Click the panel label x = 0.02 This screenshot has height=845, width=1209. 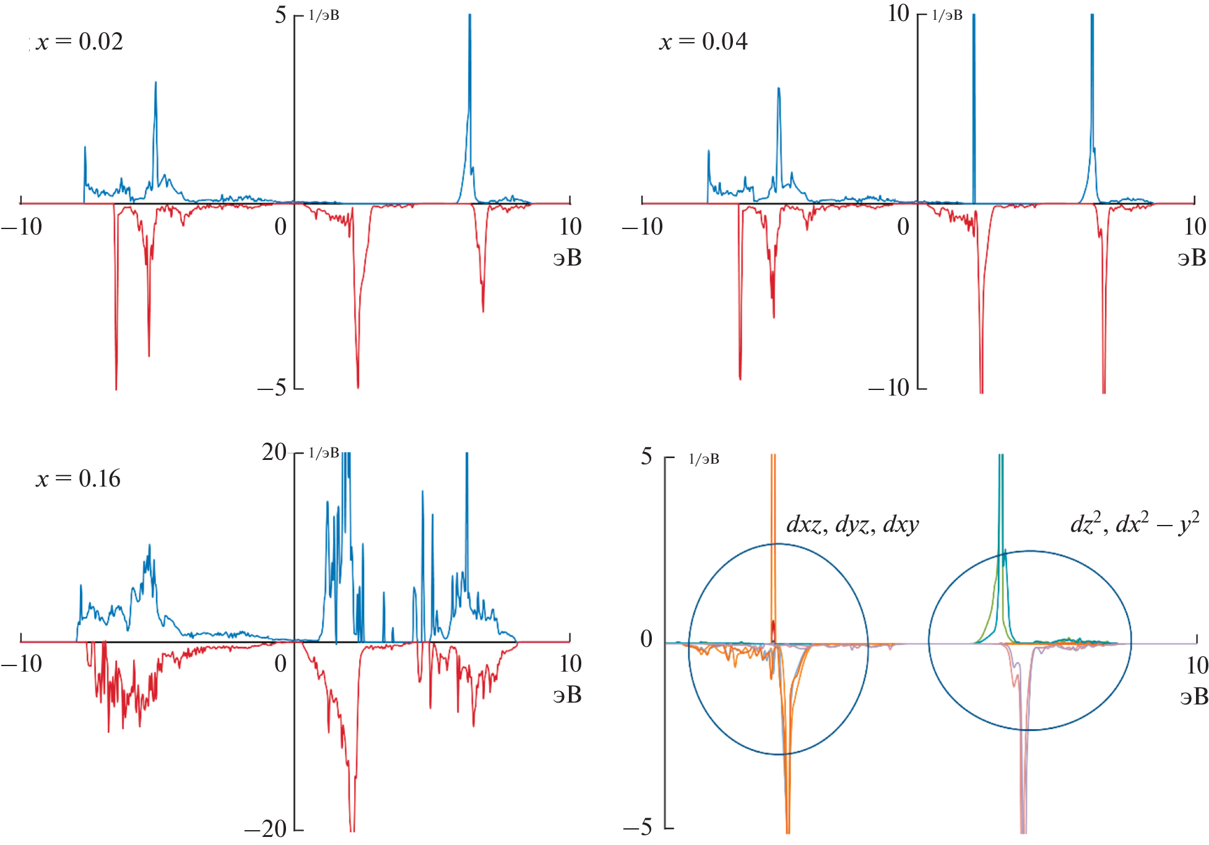pos(79,42)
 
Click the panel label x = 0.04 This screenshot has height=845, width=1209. pos(703,42)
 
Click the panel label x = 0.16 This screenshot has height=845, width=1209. pos(78,479)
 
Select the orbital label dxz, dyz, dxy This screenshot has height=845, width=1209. pos(852,525)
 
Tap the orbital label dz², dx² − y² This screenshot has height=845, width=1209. pos(1134,524)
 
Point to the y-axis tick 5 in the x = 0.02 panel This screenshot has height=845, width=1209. pos(280,15)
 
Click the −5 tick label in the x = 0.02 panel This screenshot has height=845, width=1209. pos(272,388)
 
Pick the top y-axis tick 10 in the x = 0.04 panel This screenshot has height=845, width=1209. pos(898,14)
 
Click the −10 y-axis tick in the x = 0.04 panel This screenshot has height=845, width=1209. pos(889,388)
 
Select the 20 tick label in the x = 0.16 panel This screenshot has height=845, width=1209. pos(274,453)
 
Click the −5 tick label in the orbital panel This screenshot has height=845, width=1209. pos(638,827)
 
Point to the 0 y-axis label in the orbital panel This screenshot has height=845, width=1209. pos(646,639)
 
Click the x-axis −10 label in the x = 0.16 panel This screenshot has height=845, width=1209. pos(22,664)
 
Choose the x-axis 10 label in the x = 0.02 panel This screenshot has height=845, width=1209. pos(570,227)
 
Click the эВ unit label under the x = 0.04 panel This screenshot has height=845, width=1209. pos(1192,258)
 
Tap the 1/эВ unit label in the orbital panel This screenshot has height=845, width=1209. pos(704,459)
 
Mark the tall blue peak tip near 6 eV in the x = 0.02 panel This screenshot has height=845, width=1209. pos(470,16)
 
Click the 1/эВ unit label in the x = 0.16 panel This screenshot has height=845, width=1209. pos(324,453)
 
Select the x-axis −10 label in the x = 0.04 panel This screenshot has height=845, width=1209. pos(643,227)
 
